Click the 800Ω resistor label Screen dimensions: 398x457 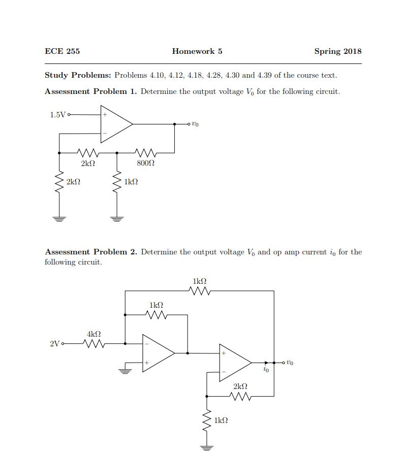(x=145, y=163)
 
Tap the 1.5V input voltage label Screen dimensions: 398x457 (x=58, y=115)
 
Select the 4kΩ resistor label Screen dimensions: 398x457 (x=94, y=334)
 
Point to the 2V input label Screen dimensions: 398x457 (x=55, y=344)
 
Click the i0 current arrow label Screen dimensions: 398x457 (x=266, y=369)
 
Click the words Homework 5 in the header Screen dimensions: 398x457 (x=197, y=51)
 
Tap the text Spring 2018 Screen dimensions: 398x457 (x=338, y=52)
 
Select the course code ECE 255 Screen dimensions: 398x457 (x=62, y=51)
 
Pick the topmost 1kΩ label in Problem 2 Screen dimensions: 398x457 (x=200, y=281)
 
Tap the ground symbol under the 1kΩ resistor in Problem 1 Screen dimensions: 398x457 (x=117, y=219)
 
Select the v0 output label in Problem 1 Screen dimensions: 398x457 (x=195, y=124)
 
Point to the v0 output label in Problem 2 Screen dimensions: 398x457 (x=290, y=363)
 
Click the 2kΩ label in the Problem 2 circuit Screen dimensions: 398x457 (x=240, y=386)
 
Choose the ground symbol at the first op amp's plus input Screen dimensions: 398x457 (x=125, y=371)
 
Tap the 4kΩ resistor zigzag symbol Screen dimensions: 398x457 (x=94, y=344)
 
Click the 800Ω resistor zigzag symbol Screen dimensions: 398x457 (x=145, y=152)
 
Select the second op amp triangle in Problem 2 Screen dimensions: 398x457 (x=235, y=363)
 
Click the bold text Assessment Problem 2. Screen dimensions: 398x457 (x=91, y=252)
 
